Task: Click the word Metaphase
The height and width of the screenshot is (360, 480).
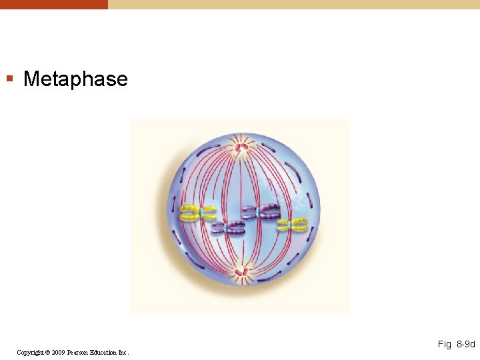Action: [75, 79]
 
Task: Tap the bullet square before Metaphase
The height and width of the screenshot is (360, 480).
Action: [9, 79]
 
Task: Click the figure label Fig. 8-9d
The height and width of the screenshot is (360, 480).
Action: [456, 345]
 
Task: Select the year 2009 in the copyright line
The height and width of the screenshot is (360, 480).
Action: [55, 352]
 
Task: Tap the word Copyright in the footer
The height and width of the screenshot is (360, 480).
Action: [31, 352]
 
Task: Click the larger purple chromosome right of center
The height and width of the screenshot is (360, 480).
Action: [261, 213]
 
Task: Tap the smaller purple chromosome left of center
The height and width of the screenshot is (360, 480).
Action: [228, 228]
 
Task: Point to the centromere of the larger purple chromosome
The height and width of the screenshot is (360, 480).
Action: [259, 213]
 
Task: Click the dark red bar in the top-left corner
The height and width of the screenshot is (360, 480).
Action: [53, 4]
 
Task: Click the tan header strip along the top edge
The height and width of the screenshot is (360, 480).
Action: [293, 4]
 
